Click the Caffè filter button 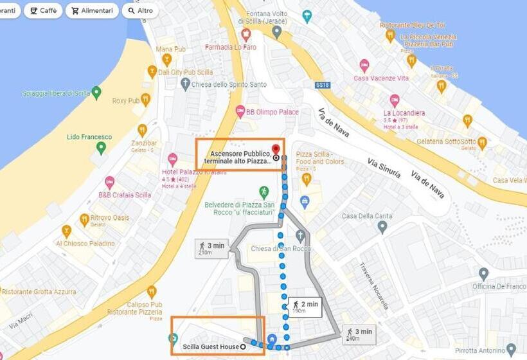click(43, 11)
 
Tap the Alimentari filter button click(93, 11)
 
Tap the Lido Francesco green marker click(100, 148)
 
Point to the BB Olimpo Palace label click(272, 112)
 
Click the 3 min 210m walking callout click(211, 248)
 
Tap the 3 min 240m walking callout click(358, 334)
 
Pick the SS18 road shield click(322, 84)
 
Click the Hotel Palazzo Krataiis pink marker click(172, 158)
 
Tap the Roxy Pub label click(125, 101)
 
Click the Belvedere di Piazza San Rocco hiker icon click(263, 192)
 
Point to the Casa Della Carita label click(366, 216)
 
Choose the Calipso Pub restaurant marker click(152, 291)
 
